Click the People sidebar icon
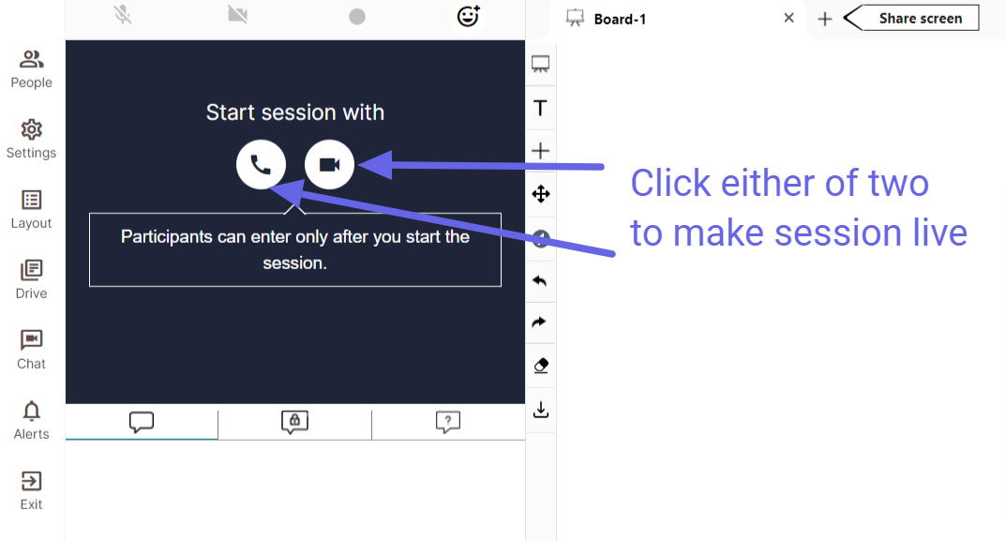coord(32,60)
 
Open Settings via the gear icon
coord(32,129)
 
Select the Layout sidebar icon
coord(32,200)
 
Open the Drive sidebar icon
coord(32,270)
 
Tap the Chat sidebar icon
coord(32,340)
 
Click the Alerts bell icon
coord(32,411)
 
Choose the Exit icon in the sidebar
coord(32,481)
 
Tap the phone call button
coord(262,165)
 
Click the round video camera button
coord(329,165)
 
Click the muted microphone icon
coord(123,15)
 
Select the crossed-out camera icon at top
coord(237,14)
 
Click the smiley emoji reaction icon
coord(469,15)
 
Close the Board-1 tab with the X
coord(789,18)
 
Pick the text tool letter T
coord(540,108)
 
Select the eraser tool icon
coord(541,366)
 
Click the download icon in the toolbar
coord(541,410)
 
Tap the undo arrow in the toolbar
coord(540,280)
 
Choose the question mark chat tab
coord(448,422)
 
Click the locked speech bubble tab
coord(294,422)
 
